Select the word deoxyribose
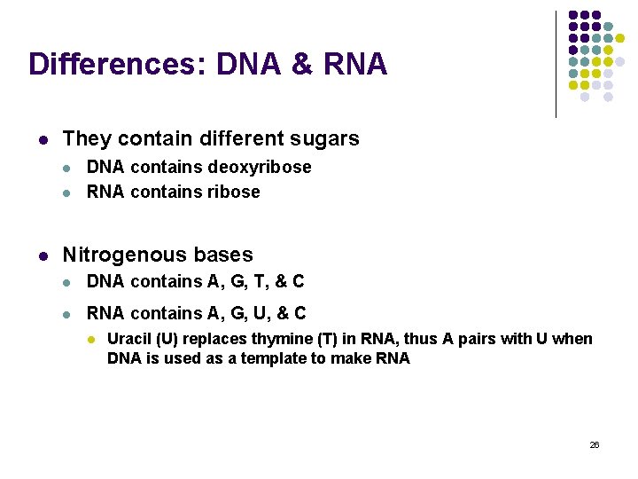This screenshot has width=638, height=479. pos(260,168)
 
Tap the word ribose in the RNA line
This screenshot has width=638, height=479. pos(233,192)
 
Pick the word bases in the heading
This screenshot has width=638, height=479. pos(222,255)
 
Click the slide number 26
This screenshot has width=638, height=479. pos(595,444)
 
